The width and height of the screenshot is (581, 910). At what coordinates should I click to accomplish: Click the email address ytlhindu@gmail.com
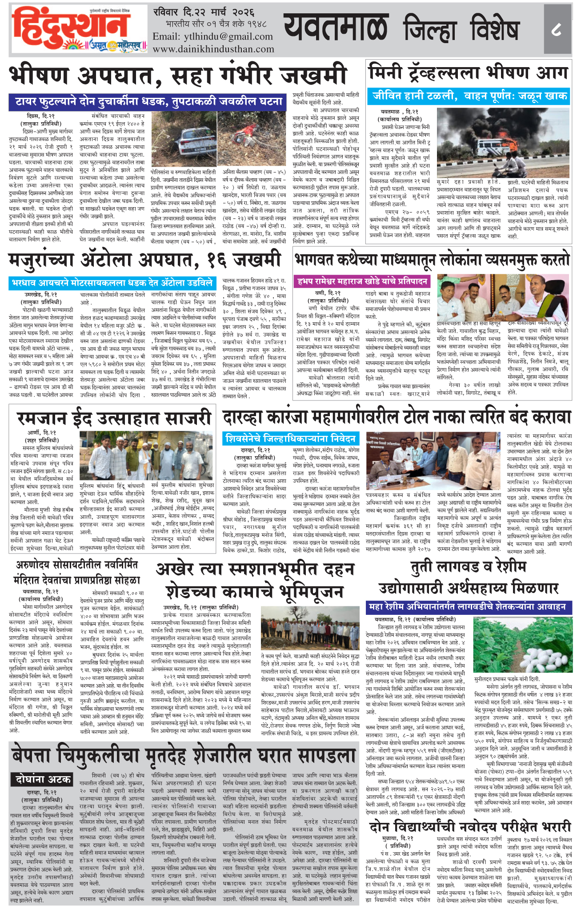(212, 36)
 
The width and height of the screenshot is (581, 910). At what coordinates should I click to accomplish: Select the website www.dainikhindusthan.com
(213, 49)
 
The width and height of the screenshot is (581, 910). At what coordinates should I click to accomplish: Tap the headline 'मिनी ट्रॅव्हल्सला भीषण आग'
(468, 72)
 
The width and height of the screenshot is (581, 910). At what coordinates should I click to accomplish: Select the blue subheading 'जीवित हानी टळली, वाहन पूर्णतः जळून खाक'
(468, 96)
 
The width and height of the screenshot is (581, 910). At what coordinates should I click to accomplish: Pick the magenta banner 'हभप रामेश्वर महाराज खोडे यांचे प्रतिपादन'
(363, 281)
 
